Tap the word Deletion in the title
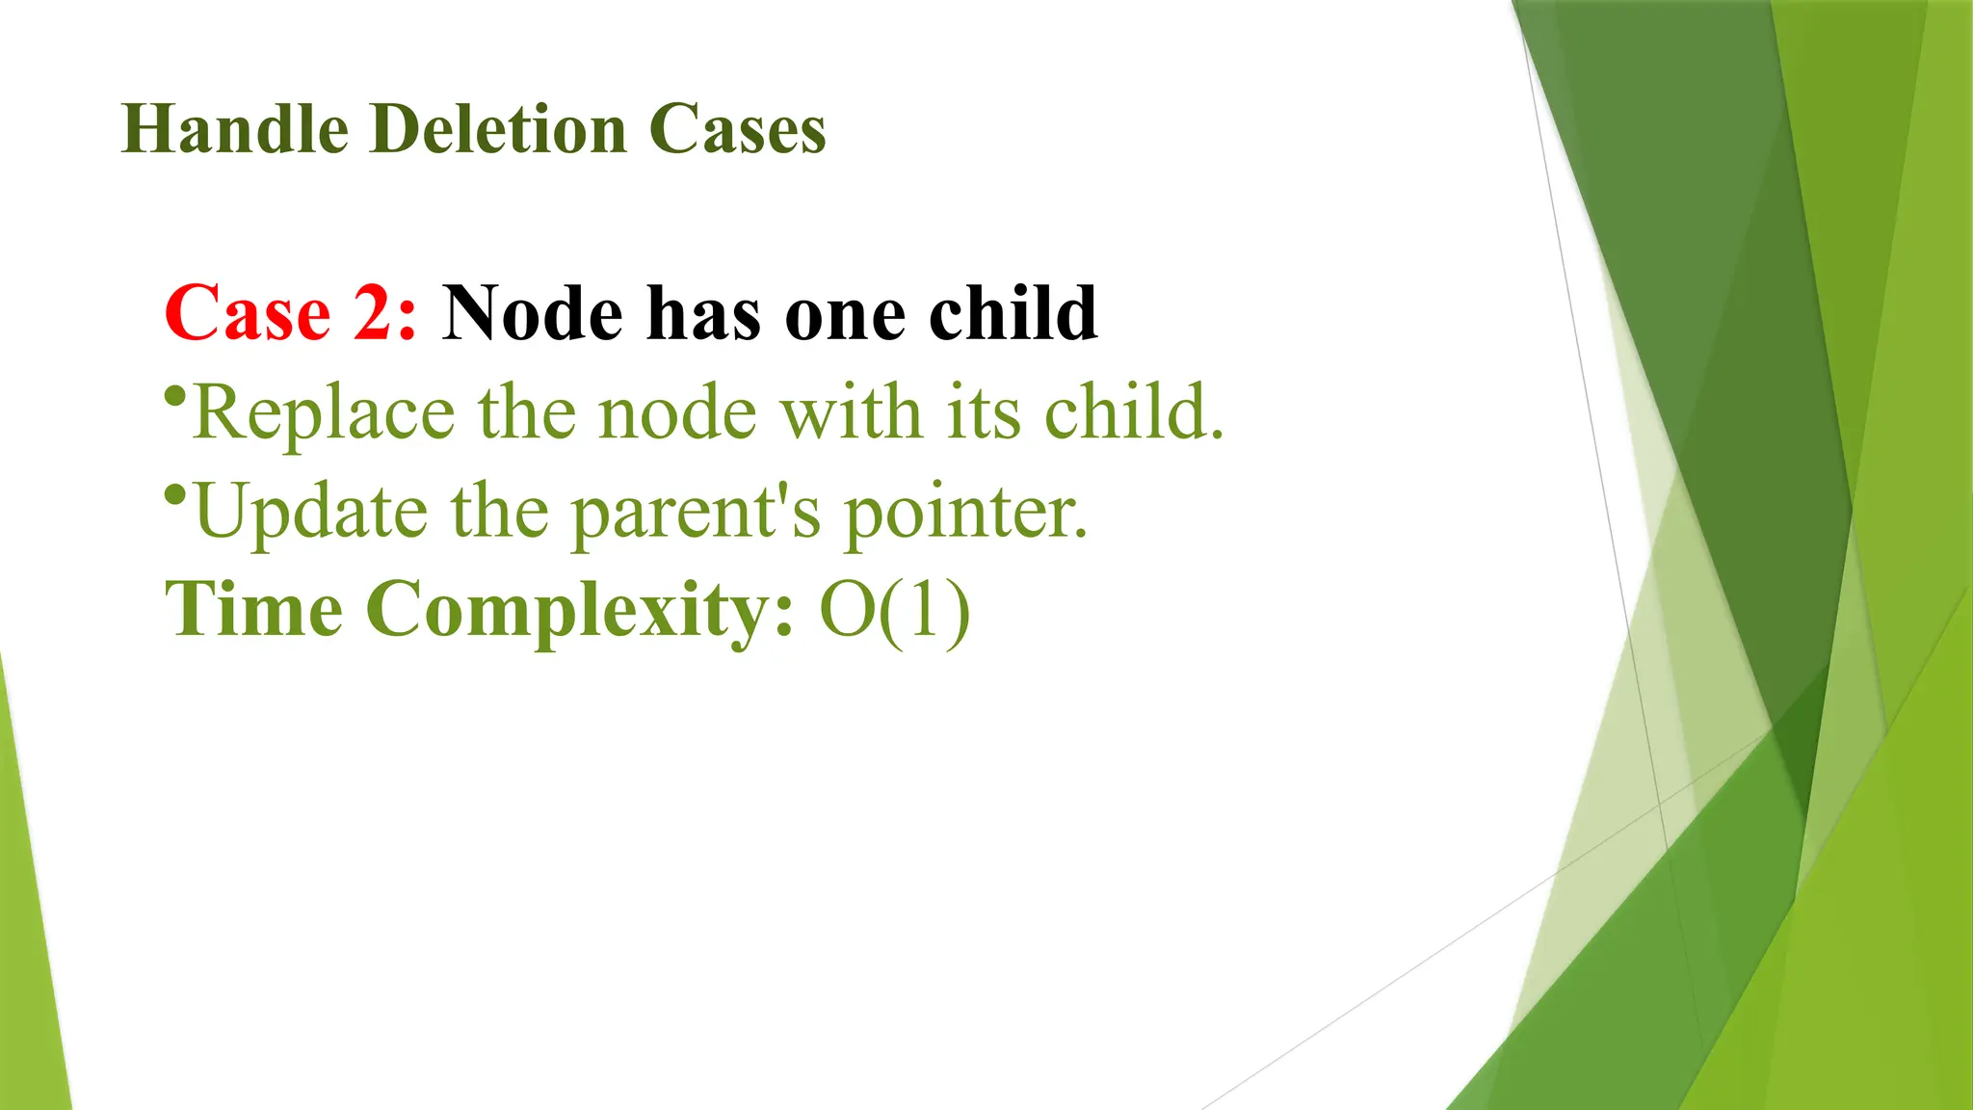click(498, 129)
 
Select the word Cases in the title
click(737, 129)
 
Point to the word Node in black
click(533, 313)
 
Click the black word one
click(846, 315)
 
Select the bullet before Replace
click(174, 396)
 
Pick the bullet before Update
click(174, 495)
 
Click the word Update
click(310, 513)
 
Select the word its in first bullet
click(983, 412)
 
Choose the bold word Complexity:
click(581, 611)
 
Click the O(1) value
click(895, 610)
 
